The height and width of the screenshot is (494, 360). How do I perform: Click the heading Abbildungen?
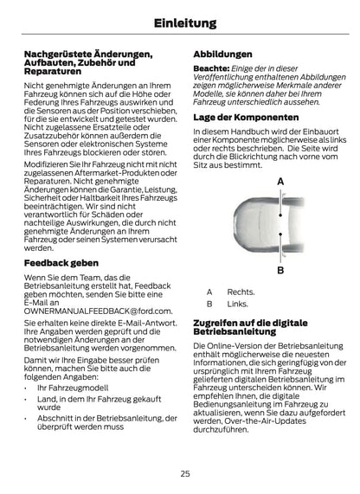tap(223, 54)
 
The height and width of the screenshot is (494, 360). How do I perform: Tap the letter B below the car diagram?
tap(281, 270)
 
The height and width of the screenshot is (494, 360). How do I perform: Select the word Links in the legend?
tap(237, 304)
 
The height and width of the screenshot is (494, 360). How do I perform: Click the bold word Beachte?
tap(211, 68)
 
